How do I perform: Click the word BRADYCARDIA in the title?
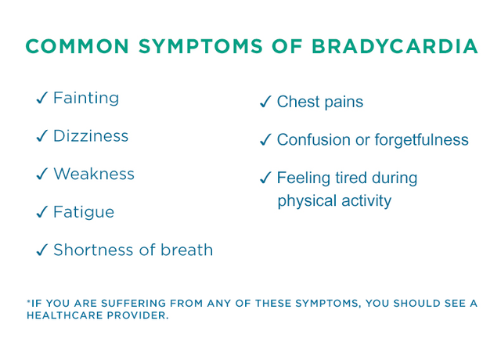[395, 46]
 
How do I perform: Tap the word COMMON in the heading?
[77, 46]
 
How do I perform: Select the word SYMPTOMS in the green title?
[200, 46]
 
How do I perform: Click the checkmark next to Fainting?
[41, 98]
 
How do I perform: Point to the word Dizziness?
[91, 135]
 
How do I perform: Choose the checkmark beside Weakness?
[41, 174]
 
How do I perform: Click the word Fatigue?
[84, 213]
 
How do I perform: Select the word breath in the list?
[186, 250]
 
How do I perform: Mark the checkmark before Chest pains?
[265, 102]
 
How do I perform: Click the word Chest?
[298, 102]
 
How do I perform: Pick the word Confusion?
[313, 139]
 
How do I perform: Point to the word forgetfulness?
[421, 139]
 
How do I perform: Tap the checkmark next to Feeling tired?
[265, 178]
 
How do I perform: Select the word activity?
[366, 202]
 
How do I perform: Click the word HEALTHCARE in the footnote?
[65, 315]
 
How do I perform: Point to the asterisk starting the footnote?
[28, 301]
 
